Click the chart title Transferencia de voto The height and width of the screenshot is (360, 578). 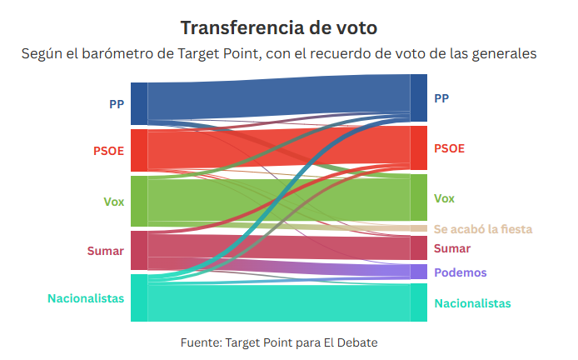(279, 27)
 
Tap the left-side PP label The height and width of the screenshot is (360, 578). (117, 104)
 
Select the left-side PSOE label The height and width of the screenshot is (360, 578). (108, 151)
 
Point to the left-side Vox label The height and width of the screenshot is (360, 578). (113, 201)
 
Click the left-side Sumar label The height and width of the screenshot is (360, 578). (105, 251)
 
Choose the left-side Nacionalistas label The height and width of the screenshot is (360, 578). (86, 297)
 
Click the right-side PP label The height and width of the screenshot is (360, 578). (441, 98)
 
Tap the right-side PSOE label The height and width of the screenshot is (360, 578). (450, 148)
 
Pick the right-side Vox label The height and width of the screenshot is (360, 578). (445, 198)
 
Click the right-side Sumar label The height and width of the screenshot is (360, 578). (452, 248)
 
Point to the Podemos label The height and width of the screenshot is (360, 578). (461, 272)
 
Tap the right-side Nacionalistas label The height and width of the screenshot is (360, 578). (472, 303)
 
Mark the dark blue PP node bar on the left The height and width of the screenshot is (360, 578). (139, 104)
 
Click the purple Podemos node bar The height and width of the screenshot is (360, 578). (419, 272)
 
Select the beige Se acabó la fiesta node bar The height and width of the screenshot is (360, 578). (419, 228)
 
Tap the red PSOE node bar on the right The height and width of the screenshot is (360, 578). (419, 147)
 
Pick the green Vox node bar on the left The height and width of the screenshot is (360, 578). (139, 201)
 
